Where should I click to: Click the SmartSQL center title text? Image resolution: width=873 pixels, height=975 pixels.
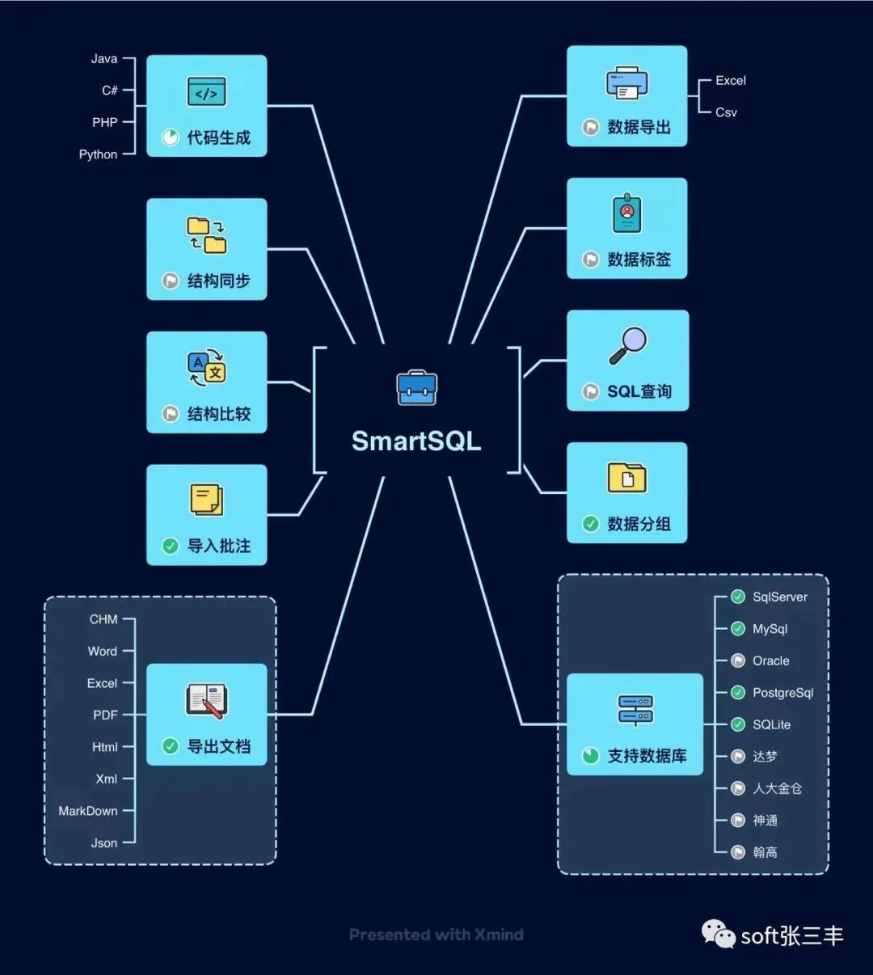click(x=416, y=441)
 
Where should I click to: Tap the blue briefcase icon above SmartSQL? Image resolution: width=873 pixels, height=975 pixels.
click(x=417, y=388)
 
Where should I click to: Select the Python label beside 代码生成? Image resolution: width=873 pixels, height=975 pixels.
click(x=98, y=154)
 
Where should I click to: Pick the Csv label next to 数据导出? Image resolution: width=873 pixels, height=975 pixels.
click(x=726, y=112)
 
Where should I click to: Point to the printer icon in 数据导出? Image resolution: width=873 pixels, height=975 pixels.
click(x=627, y=83)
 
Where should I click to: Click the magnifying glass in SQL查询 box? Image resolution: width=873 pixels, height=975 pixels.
click(x=627, y=345)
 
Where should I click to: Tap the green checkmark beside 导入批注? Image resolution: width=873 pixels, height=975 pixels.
click(x=171, y=546)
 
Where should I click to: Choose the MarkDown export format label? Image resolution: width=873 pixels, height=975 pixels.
click(x=88, y=811)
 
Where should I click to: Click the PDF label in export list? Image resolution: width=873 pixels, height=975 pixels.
click(x=105, y=715)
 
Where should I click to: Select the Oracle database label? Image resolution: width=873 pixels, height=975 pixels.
click(x=770, y=661)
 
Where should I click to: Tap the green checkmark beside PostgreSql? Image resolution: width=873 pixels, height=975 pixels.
click(x=738, y=693)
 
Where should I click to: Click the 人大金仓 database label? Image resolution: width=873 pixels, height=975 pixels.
click(x=777, y=788)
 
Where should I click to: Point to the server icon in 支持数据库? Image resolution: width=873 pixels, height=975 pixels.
click(x=635, y=710)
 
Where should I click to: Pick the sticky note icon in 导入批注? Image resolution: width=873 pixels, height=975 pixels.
click(x=206, y=500)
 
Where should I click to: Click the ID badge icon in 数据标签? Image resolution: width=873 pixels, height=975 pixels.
click(x=627, y=213)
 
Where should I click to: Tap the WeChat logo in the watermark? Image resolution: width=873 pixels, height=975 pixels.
click(x=718, y=935)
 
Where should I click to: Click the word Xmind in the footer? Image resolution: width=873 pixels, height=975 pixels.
click(x=499, y=935)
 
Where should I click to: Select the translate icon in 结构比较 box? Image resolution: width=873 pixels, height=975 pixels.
click(x=206, y=368)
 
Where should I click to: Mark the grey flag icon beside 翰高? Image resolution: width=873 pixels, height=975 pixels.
click(x=738, y=852)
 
